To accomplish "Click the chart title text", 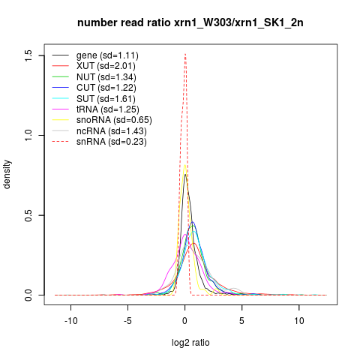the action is tap(190, 23).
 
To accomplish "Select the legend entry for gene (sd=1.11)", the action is tap(107, 55).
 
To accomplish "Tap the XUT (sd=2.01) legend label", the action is tap(106, 66).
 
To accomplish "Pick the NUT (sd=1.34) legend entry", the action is tap(106, 77).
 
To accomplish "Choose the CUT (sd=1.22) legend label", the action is tap(106, 88).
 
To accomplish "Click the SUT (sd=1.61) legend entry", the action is tap(106, 99).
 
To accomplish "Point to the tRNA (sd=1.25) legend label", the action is tap(108, 109).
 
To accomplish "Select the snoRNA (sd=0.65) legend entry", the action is tap(114, 120).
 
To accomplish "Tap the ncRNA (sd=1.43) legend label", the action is tap(112, 131).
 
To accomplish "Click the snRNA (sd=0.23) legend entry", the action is tap(112, 142).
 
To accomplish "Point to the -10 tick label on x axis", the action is tap(71, 320).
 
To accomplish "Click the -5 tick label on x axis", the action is tap(127, 320).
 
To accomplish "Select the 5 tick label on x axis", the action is tap(241, 320).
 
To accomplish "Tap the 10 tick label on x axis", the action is tap(299, 320).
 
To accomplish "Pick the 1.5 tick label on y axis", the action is tap(28, 55).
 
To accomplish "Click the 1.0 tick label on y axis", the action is tap(28, 135).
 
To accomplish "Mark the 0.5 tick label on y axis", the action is tap(28, 215).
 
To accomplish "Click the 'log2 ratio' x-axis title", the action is tap(190, 343).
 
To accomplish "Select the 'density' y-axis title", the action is tap(7, 175).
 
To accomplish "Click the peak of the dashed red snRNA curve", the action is tap(185, 54).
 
